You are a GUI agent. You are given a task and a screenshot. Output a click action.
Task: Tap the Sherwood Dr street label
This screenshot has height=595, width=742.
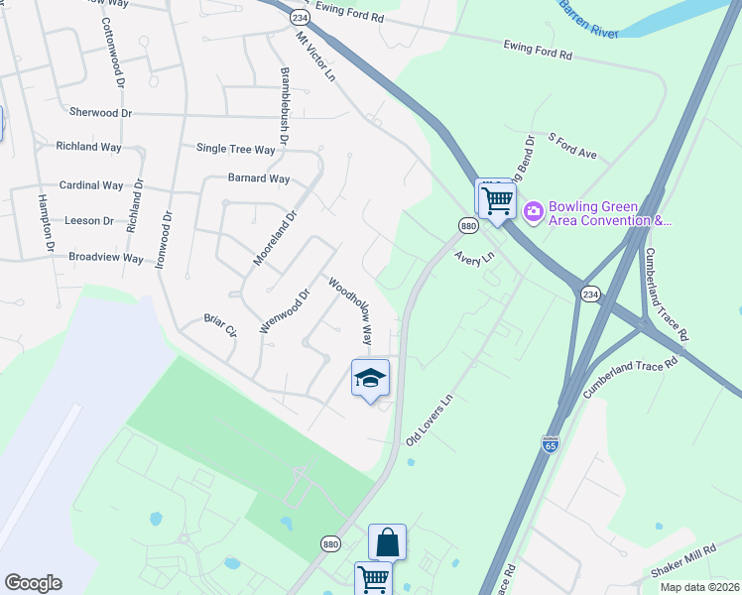[100, 113]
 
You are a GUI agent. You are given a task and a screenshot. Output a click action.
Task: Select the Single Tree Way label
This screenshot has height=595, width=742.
[235, 149]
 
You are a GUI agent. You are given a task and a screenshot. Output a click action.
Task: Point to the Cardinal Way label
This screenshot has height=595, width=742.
[91, 185]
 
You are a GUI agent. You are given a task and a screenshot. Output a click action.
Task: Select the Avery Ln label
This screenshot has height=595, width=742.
[474, 257]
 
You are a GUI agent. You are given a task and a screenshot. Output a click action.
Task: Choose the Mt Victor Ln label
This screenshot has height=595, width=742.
[317, 57]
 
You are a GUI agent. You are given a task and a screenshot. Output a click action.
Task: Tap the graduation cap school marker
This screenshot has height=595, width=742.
[371, 378]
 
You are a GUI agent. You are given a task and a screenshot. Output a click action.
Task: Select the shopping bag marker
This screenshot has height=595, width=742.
[387, 542]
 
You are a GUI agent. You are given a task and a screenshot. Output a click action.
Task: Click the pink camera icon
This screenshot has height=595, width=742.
[534, 210]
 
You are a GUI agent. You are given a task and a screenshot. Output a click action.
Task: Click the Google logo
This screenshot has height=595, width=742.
[33, 583]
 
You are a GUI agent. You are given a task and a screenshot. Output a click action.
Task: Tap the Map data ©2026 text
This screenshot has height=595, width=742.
[698, 587]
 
